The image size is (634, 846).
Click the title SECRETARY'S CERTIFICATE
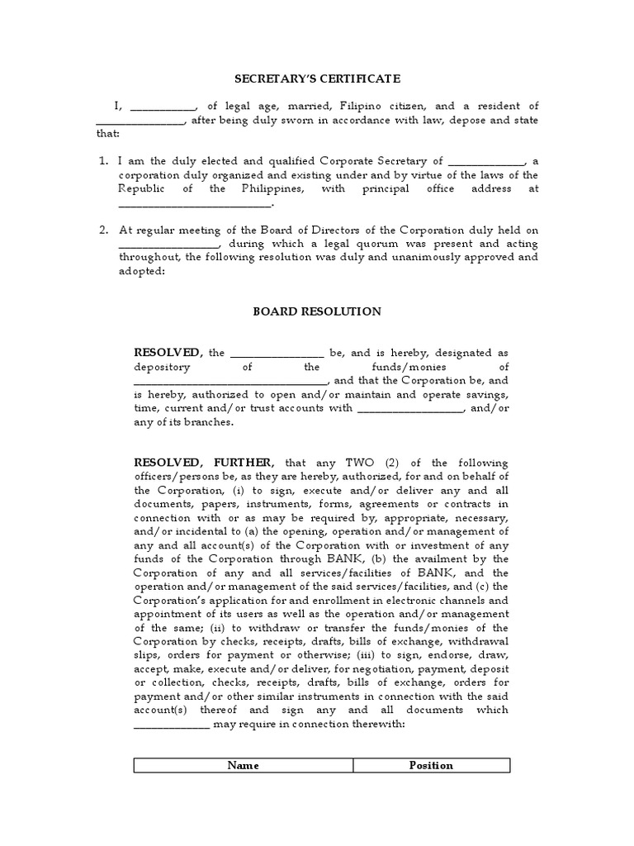click(x=317, y=78)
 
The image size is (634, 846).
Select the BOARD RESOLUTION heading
click(x=316, y=311)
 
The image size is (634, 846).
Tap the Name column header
click(x=243, y=765)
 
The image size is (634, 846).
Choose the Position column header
click(x=431, y=765)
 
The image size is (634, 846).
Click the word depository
click(x=163, y=367)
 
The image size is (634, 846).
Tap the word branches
click(x=211, y=422)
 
